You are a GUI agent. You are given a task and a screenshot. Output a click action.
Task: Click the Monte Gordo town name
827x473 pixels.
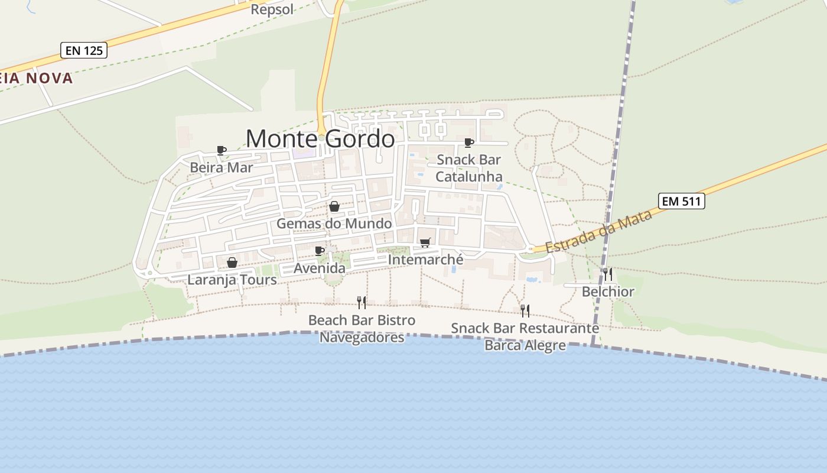click(320, 139)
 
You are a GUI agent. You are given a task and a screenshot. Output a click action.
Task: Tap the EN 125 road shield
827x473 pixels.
click(83, 50)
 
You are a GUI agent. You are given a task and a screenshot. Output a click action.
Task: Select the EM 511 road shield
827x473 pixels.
click(682, 201)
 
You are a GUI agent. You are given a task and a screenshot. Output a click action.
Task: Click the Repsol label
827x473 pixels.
click(272, 9)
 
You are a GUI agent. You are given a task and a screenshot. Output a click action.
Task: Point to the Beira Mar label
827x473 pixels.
click(221, 167)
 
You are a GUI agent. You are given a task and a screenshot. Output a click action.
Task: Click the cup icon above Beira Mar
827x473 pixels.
click(222, 150)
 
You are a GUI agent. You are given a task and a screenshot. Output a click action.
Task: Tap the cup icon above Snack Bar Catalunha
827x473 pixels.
click(469, 142)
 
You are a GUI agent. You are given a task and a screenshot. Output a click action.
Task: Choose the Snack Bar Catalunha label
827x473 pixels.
click(469, 168)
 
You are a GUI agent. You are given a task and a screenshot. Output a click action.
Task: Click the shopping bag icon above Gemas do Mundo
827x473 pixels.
click(334, 206)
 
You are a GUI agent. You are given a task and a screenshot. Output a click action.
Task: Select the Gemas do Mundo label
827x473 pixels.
click(334, 223)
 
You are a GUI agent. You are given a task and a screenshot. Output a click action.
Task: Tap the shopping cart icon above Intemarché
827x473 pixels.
click(425, 242)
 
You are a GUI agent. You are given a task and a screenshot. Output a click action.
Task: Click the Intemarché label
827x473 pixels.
click(425, 259)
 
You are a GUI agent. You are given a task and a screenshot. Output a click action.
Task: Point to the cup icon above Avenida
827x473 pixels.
click(320, 251)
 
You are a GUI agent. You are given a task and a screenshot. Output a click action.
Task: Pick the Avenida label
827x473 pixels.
click(320, 268)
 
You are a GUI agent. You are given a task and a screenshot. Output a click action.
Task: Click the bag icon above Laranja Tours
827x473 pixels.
click(232, 263)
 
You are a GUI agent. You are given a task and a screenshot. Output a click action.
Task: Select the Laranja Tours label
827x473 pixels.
click(232, 280)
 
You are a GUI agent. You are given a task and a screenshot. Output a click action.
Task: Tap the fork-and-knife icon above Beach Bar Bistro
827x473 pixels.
click(362, 303)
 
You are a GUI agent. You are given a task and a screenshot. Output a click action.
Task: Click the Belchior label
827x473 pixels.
click(608, 291)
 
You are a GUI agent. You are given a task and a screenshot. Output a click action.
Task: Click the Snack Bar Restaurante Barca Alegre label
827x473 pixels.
click(525, 336)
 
